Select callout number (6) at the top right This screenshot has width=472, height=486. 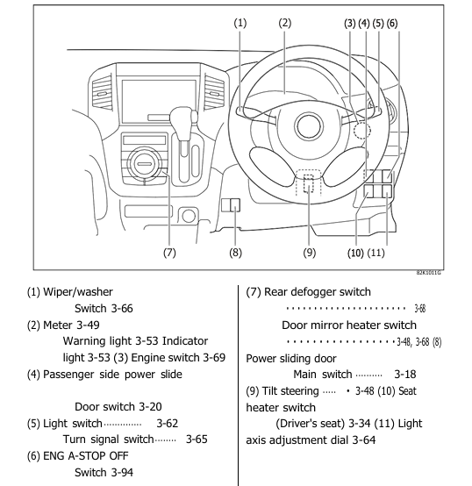(x=392, y=24)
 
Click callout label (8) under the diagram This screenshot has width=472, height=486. (x=234, y=254)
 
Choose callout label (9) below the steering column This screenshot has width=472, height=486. (x=309, y=254)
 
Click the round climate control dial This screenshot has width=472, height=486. (x=143, y=163)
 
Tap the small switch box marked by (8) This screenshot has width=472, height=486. (x=230, y=206)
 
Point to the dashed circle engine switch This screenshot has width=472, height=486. (x=362, y=132)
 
